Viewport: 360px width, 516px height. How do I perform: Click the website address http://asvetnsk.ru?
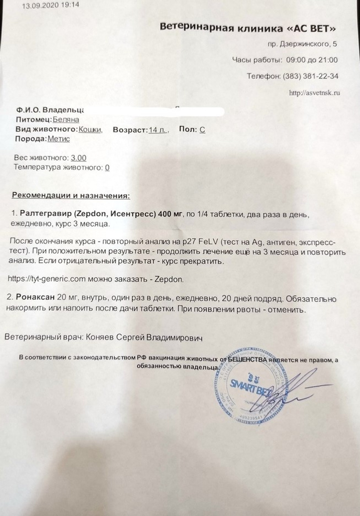coord(314,93)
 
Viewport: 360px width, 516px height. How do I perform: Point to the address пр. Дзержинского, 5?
coord(301,44)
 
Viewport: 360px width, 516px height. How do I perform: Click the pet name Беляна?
coord(66,120)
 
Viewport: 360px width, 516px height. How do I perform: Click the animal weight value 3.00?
coord(78,158)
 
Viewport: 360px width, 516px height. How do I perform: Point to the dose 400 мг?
coord(168,213)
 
